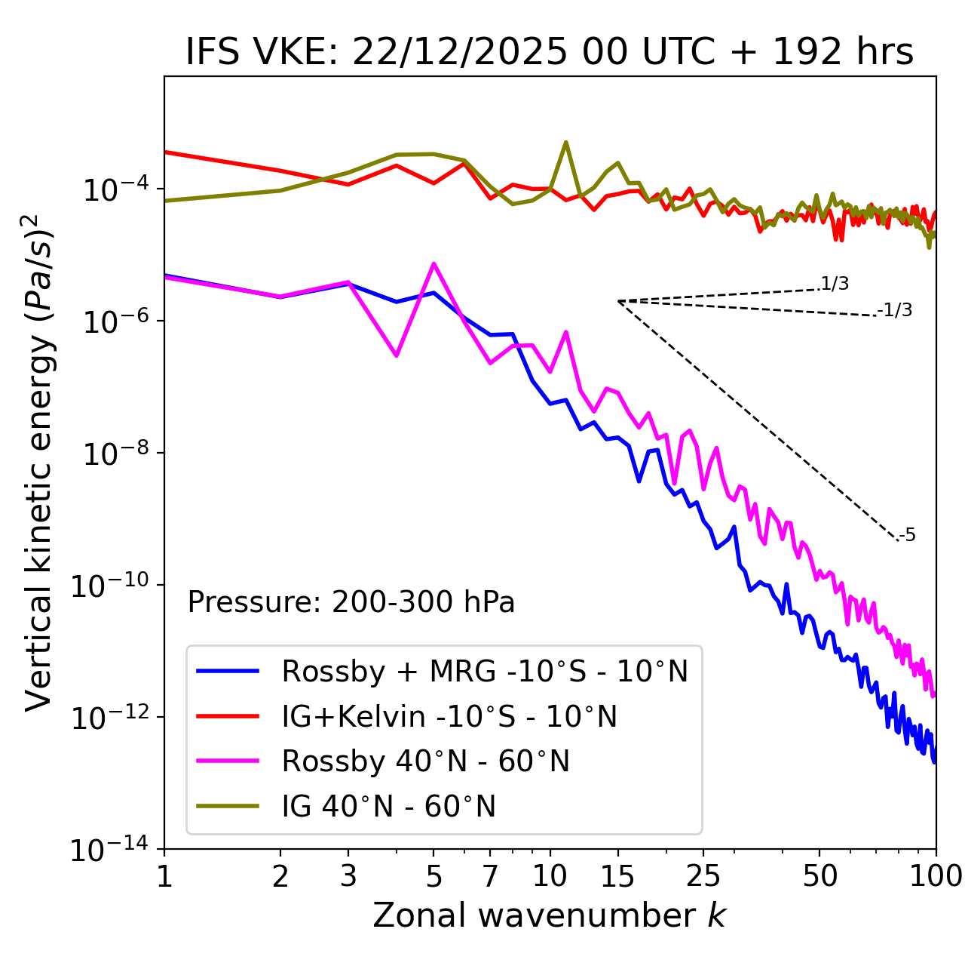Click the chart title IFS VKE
(550, 52)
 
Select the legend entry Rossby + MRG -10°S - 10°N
(485, 671)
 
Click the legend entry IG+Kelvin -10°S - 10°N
(449, 716)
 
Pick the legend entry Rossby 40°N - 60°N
(425, 761)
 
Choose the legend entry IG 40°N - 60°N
(388, 807)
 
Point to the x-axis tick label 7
(490, 876)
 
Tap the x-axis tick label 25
(703, 876)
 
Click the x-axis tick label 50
(820, 876)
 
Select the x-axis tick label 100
(936, 876)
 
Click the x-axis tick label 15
(617, 876)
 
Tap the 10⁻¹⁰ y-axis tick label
(108, 586)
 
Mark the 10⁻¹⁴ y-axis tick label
(108, 850)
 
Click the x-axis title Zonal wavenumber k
(550, 915)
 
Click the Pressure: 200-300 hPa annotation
(351, 602)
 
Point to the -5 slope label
(907, 535)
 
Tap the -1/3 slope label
(896, 309)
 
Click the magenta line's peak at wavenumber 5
(433, 263)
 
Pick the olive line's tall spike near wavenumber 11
(566, 142)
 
